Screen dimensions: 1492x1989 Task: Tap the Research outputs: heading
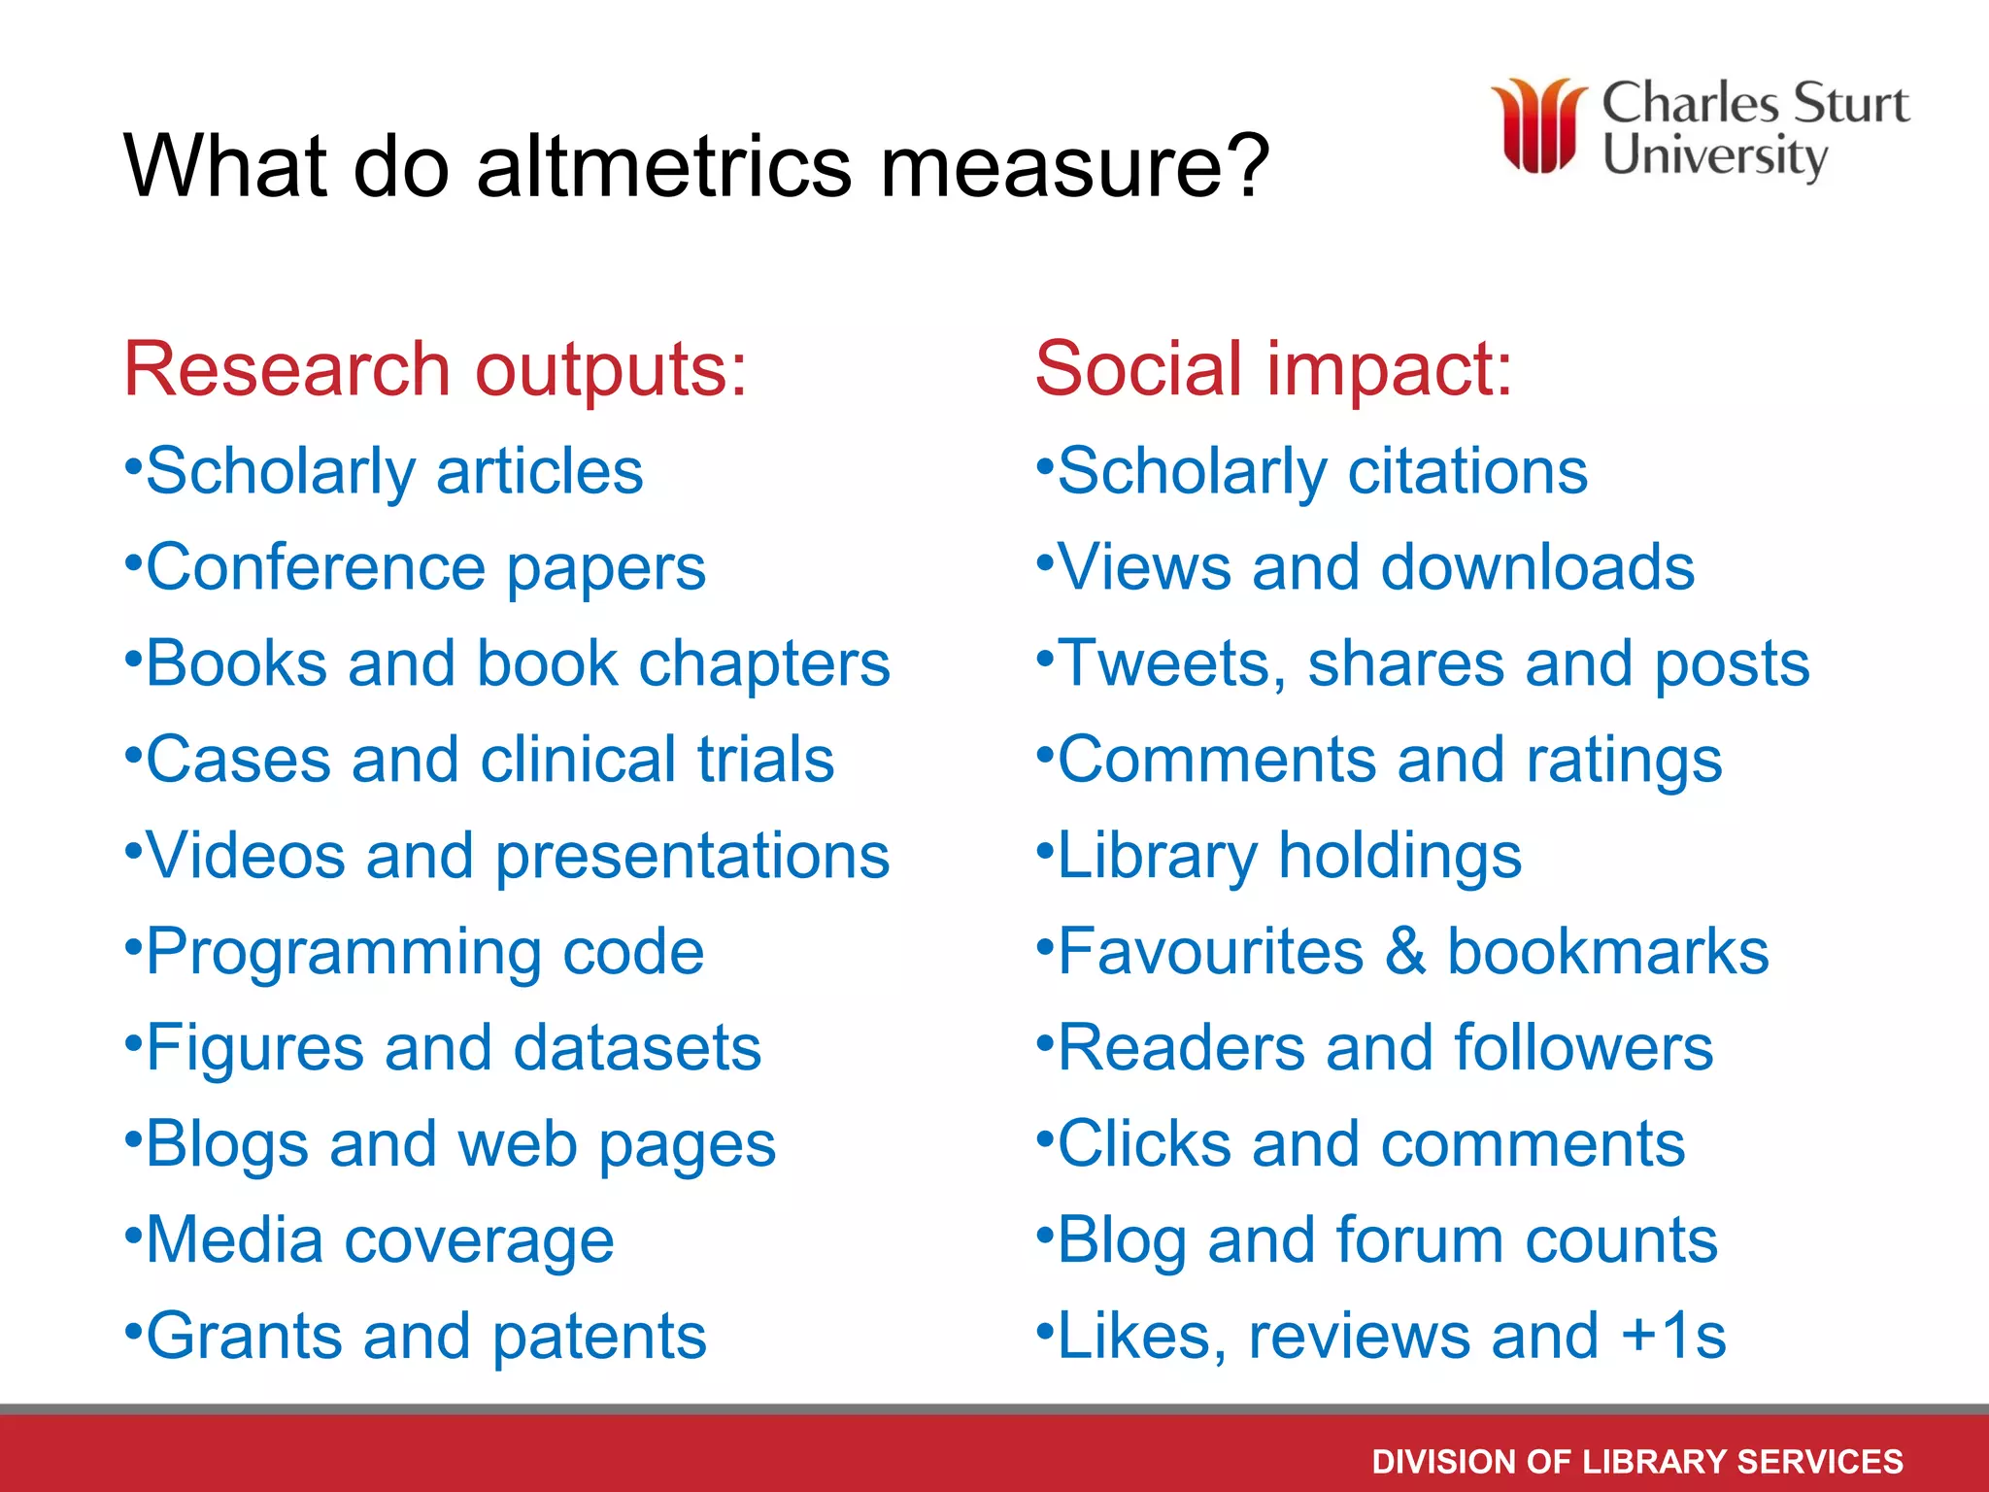coord(435,370)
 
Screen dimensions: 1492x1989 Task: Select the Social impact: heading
coord(1273,370)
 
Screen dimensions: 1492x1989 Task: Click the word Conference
coord(316,567)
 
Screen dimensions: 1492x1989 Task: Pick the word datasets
coord(637,1048)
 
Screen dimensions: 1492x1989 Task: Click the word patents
coord(599,1338)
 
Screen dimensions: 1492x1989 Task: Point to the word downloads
coord(1537,567)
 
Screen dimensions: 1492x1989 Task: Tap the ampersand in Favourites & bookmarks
coord(1405,952)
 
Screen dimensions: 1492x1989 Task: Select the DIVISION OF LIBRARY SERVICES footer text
coord(1637,1461)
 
